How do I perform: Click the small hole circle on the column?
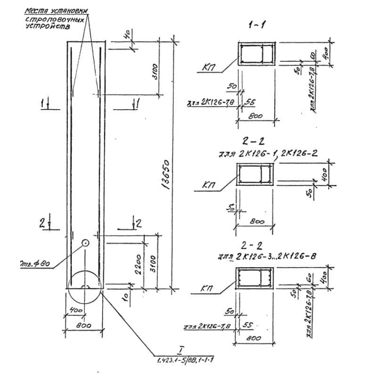click(85, 243)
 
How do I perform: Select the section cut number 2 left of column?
click(42, 224)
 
